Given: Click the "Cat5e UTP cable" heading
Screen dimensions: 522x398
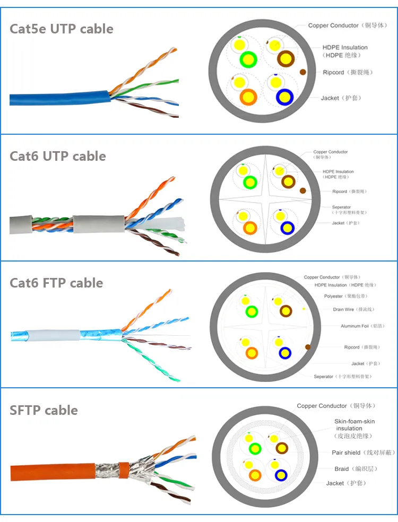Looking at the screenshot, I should pyautogui.click(x=62, y=29).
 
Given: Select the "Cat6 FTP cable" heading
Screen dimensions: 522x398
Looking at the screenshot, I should pyautogui.click(x=56, y=283).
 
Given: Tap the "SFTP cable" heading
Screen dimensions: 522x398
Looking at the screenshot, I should pyautogui.click(x=44, y=410).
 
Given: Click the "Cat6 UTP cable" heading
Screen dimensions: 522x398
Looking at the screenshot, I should pyautogui.click(x=58, y=156).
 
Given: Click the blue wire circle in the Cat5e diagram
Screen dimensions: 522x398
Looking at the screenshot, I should pyautogui.click(x=284, y=97).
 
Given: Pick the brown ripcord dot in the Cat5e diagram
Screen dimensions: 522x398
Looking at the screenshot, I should pyautogui.click(x=303, y=72).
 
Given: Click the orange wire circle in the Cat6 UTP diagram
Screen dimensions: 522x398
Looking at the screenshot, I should pyautogui.click(x=249, y=228).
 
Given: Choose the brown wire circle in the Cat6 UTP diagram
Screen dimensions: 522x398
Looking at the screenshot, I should pyautogui.click(x=288, y=182).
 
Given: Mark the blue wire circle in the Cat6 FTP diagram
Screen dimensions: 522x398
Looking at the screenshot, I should pyautogui.click(x=286, y=353).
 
